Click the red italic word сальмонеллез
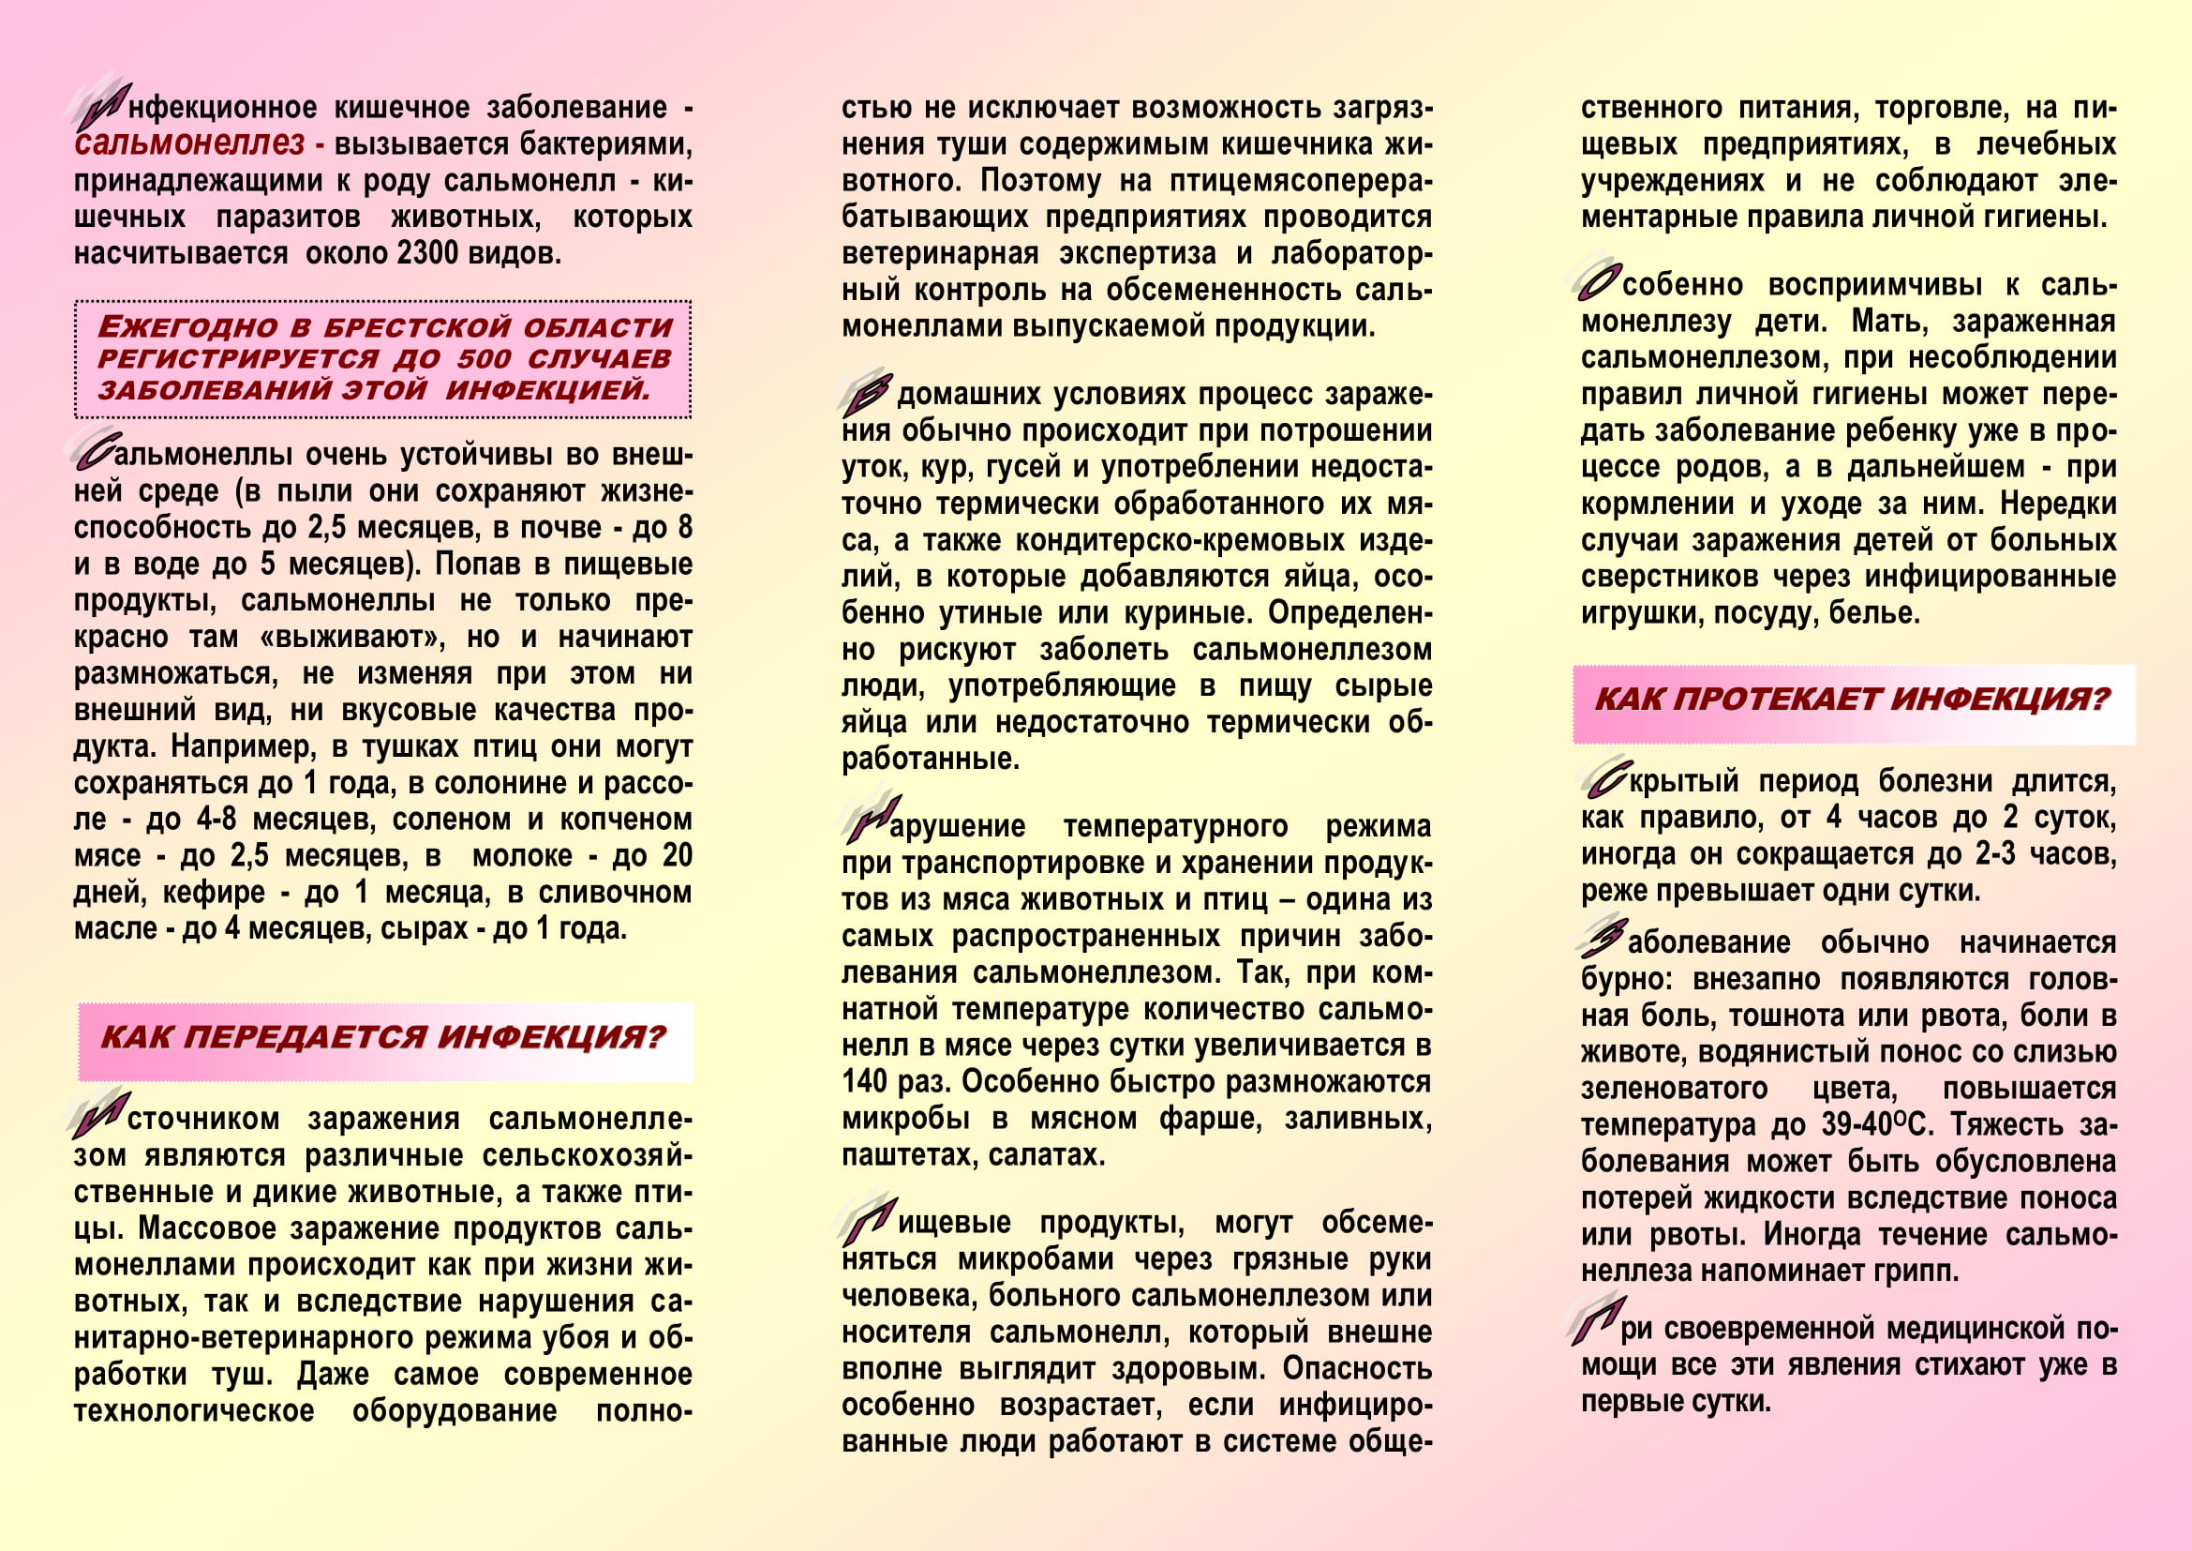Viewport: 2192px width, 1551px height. (x=189, y=144)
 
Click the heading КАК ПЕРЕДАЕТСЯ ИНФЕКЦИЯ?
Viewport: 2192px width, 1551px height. (x=383, y=1037)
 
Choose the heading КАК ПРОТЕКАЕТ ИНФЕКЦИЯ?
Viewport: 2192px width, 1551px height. (x=1851, y=700)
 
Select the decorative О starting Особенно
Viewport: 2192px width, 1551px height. (x=1598, y=282)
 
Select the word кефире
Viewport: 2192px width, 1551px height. (x=214, y=893)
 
